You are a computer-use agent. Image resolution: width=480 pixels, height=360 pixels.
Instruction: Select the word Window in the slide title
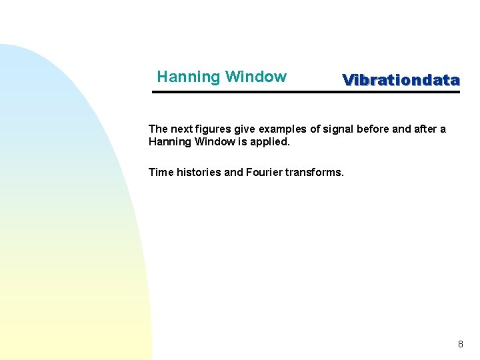[256, 77]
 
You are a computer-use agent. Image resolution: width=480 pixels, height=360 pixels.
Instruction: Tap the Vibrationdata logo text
[401, 80]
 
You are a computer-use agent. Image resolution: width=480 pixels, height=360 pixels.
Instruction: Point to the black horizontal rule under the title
[306, 92]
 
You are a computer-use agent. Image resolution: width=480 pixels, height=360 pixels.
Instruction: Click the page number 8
[460, 345]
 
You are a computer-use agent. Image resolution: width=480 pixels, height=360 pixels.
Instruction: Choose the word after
[421, 129]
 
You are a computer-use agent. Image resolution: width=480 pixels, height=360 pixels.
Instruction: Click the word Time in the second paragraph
[161, 172]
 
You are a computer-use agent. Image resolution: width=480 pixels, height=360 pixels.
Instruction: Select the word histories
[199, 172]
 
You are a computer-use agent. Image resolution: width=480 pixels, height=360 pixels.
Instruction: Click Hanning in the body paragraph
[169, 142]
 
